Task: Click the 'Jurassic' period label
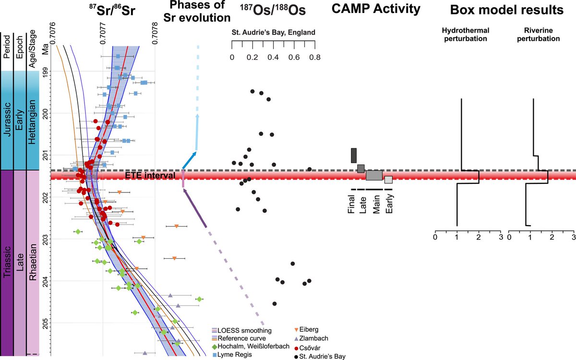coord(7,120)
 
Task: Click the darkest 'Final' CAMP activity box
coord(354,156)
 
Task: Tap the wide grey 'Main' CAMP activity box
coord(374,175)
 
